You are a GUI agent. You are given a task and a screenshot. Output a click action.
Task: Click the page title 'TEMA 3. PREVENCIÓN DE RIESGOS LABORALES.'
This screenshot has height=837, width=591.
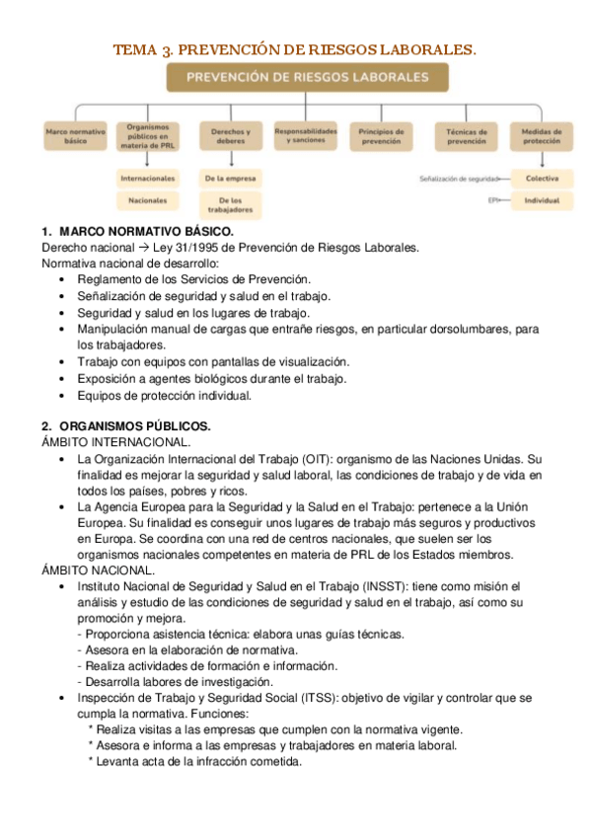[x=295, y=48]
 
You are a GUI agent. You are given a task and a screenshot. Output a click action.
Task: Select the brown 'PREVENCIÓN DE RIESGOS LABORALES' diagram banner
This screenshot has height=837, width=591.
[x=307, y=77]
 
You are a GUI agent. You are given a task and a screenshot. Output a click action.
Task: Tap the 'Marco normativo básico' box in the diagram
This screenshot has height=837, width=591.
[x=76, y=136]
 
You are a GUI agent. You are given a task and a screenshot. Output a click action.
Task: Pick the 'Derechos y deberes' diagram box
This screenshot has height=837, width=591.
[x=230, y=136]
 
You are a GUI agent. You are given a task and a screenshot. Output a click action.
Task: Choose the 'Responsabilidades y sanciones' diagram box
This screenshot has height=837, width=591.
[x=305, y=136]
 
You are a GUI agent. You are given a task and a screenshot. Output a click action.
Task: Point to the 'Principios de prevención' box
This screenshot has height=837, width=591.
[x=381, y=136]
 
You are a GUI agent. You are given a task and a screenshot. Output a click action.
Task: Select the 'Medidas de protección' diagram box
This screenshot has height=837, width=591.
[x=542, y=136]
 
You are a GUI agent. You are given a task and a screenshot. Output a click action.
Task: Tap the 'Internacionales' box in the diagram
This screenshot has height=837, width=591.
[x=148, y=179]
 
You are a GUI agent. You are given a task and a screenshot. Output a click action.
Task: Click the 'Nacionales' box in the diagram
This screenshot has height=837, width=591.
[x=148, y=200]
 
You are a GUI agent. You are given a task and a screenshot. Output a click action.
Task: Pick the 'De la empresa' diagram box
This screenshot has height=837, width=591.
[x=230, y=179]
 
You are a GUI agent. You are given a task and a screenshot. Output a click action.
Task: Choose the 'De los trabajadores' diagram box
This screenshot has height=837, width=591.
[x=230, y=204]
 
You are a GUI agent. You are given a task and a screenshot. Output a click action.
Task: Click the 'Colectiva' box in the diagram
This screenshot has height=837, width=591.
[x=542, y=179]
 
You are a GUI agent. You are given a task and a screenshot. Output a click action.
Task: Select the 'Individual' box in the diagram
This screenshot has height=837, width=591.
[x=542, y=200]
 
